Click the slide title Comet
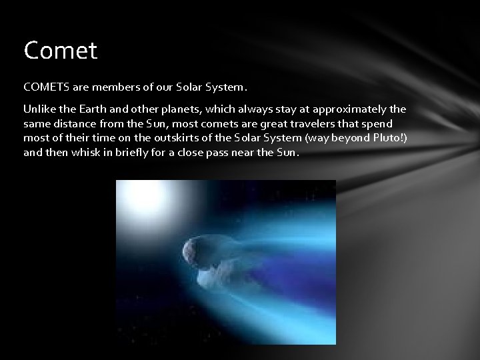point(61,51)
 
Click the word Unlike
point(39,109)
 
